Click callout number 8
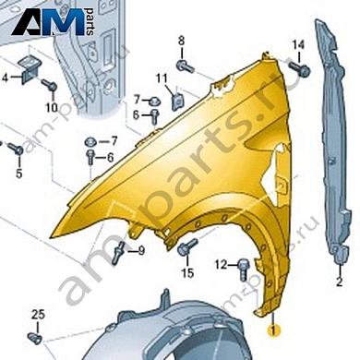point(181,41)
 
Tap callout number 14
point(298,45)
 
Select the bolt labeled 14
point(300,69)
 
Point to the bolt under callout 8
point(186,66)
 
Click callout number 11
point(162,78)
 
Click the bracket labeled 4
point(30,69)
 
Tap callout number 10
point(52,107)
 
